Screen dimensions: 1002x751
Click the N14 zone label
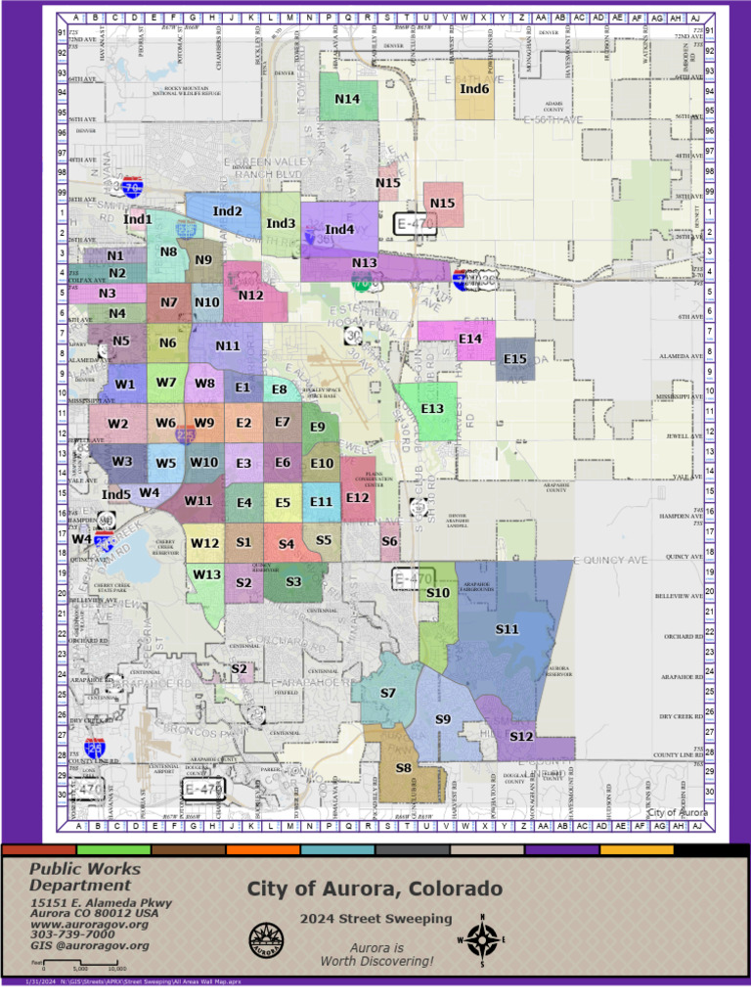pos(347,99)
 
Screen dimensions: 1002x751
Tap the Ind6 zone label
pos(474,89)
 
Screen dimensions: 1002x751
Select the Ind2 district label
pos(228,211)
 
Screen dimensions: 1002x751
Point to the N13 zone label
pos(364,263)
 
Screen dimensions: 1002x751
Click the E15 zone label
pos(515,359)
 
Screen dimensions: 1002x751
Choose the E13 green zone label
pos(431,408)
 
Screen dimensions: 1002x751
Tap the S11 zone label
pos(507,629)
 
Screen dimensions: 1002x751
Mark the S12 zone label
pos(521,736)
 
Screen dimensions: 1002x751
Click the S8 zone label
pos(403,768)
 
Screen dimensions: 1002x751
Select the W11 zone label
pos(199,501)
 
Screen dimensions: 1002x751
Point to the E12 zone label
pos(357,498)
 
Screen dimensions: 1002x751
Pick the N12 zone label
pos(250,295)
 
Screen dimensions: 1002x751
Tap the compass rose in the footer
pos(481,940)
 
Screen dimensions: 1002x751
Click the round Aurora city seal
pos(267,939)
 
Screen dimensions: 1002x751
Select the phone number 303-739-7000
pos(72,934)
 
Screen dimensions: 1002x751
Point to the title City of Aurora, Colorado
pos(375,888)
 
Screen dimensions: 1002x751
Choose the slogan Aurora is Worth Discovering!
pos(376,955)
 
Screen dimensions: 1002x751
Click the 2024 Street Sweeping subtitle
pos(375,918)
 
